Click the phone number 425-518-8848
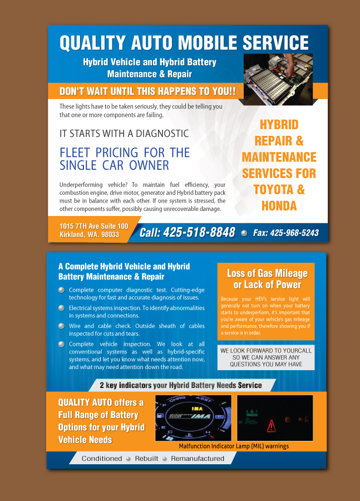coord(199,232)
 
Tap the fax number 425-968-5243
coord(294,233)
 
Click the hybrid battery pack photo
coord(278,79)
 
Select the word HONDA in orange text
coord(279,206)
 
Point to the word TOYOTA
coord(274,189)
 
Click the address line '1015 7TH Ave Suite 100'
coord(93,226)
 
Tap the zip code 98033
coord(110,234)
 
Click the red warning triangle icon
coord(271,426)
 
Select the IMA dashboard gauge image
coord(193,418)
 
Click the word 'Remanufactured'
coord(198,459)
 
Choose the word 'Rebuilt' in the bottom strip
coord(147,459)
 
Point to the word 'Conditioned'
coord(102,459)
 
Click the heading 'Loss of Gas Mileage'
coord(267,273)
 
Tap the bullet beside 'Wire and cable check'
coord(61,326)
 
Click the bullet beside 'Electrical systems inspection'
coord(61,308)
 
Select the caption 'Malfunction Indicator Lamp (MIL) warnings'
coord(234,446)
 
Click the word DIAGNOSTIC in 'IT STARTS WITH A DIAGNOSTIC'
coord(162,134)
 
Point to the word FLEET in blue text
coord(75,153)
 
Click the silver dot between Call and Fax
coord(244,233)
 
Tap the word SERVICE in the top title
coord(275,42)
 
